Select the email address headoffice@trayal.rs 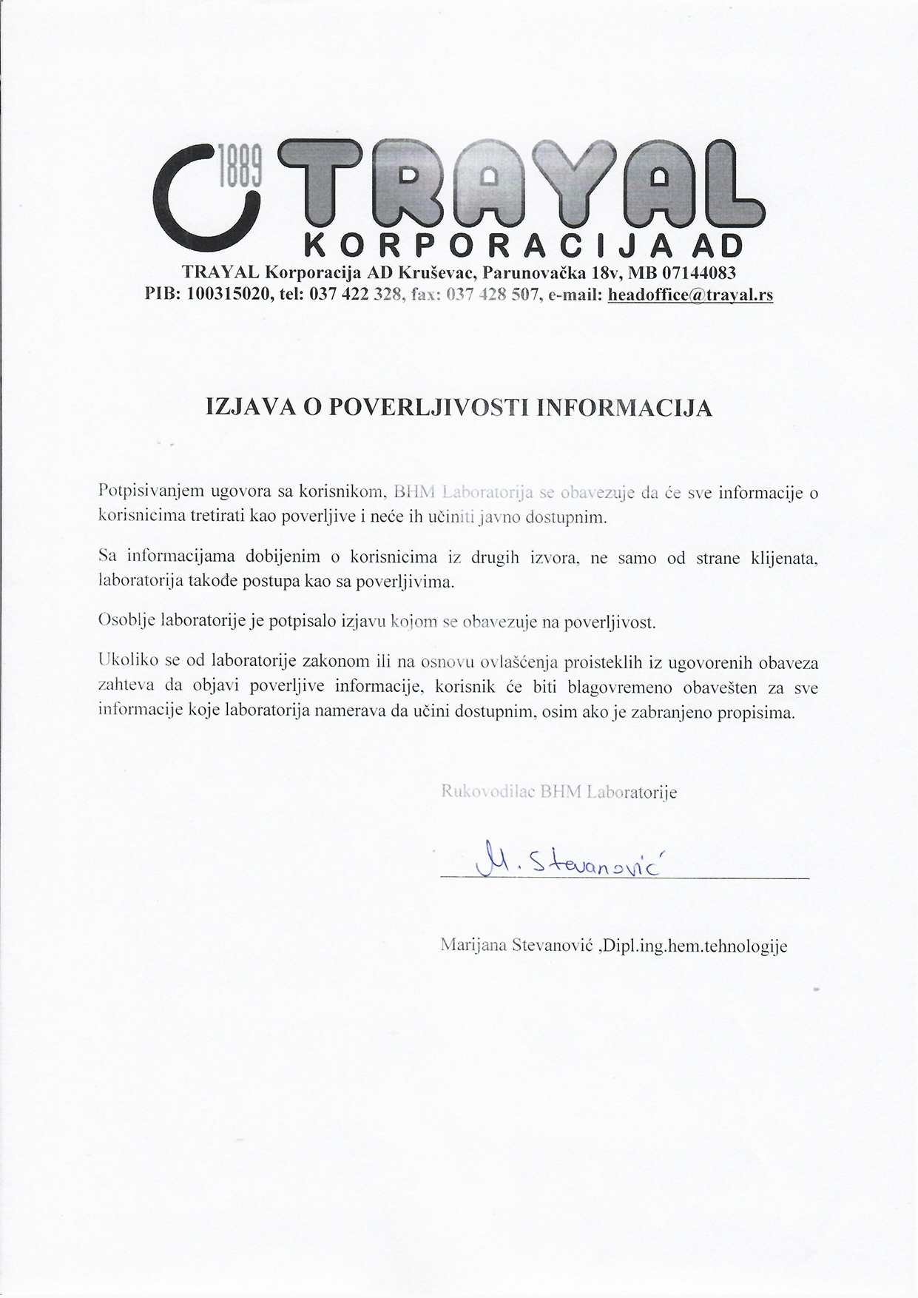click(690, 295)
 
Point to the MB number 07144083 click(698, 273)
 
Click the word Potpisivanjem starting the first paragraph click(150, 491)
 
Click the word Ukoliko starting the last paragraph click(124, 662)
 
